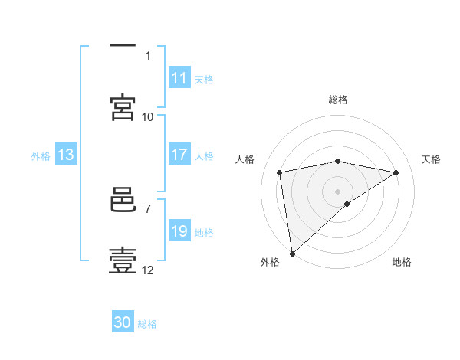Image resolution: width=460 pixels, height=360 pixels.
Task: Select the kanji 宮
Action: pos(123,107)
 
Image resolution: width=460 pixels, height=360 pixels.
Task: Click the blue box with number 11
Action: pos(179,78)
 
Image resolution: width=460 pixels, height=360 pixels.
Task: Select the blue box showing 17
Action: pos(179,155)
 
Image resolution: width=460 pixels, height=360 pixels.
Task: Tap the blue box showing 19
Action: pos(179,231)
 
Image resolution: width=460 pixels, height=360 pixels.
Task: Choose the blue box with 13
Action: pos(66,155)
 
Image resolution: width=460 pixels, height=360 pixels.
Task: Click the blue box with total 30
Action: pos(123,322)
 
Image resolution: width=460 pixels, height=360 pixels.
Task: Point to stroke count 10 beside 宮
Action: pos(148,116)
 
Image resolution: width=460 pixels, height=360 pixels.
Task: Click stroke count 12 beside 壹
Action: pos(148,270)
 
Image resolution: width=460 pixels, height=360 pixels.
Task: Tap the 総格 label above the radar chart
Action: pos(338,100)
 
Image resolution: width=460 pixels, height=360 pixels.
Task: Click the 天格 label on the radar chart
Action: pos(432,159)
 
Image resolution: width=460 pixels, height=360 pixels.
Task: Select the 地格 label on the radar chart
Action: pos(402,262)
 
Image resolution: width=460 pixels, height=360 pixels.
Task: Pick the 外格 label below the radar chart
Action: pos(270,262)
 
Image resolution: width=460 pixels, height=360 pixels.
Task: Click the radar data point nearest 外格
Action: pos(292,253)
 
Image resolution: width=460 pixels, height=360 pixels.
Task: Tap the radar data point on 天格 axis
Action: pos(396,172)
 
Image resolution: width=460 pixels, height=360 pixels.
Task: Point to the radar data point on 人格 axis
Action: pos(280,172)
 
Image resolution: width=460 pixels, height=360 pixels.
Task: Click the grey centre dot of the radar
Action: pos(338,191)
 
